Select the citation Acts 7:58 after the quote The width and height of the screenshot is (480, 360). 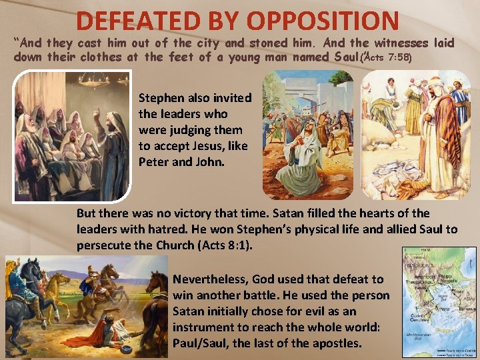click(x=387, y=58)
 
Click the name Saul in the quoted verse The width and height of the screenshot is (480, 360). click(x=343, y=57)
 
